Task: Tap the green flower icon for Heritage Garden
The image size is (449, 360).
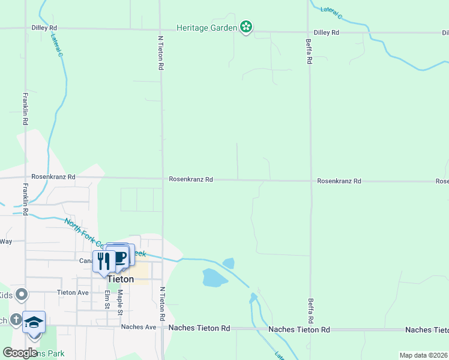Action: (x=246, y=27)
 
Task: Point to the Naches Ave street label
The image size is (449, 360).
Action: (x=138, y=327)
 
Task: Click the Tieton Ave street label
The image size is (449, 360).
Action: (x=73, y=293)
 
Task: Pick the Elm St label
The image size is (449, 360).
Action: (x=107, y=299)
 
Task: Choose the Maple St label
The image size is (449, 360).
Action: (x=120, y=302)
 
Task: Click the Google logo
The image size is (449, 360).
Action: (x=20, y=353)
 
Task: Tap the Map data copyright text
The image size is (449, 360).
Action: (x=424, y=355)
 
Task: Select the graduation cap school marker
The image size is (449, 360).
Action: (x=34, y=322)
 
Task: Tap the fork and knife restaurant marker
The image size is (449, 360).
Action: (x=104, y=261)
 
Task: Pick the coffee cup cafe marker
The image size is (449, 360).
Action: (x=120, y=256)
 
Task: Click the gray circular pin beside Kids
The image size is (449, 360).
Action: (x=22, y=294)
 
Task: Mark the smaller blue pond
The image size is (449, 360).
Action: (x=229, y=263)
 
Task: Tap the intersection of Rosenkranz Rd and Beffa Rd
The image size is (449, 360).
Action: (x=310, y=180)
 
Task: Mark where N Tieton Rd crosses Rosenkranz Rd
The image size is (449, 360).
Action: (x=162, y=178)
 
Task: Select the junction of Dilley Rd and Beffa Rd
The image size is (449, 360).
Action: (x=309, y=32)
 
